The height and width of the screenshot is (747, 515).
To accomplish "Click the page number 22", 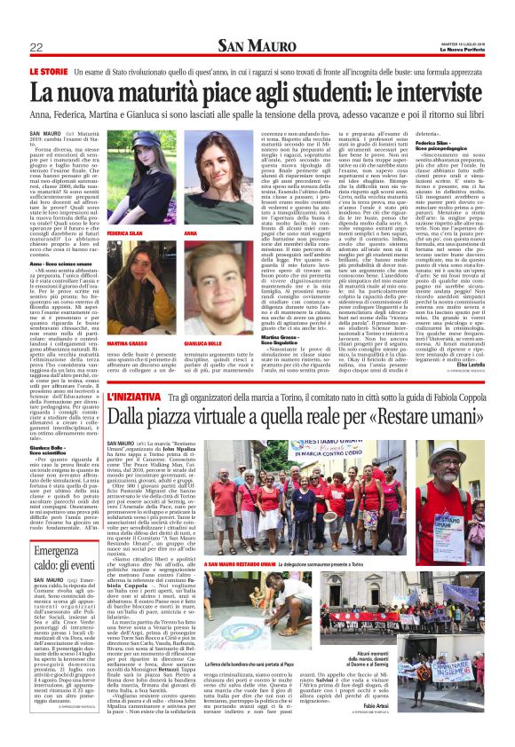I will (36, 47).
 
